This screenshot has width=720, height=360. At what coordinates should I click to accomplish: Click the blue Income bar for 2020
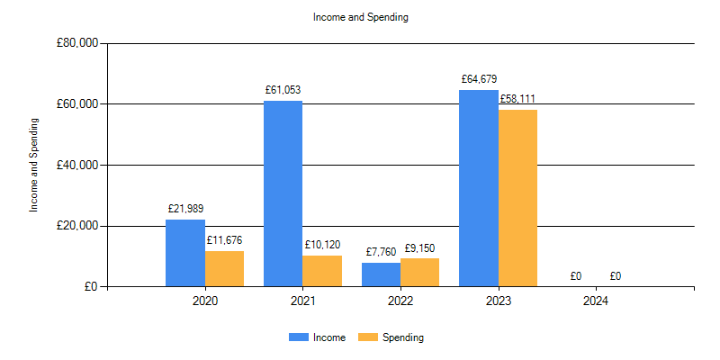tap(184, 253)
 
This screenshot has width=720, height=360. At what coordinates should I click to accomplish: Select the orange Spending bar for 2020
tap(224, 268)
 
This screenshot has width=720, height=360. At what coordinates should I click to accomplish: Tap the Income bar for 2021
tap(283, 193)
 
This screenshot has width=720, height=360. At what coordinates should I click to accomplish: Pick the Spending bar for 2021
tap(322, 271)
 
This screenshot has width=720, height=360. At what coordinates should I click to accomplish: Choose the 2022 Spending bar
tap(419, 273)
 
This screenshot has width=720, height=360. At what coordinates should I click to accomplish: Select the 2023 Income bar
tap(478, 188)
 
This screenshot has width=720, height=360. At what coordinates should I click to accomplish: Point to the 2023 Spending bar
tap(517, 198)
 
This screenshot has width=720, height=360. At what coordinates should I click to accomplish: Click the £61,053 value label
tap(283, 90)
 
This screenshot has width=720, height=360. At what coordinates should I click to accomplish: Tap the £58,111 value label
tap(517, 99)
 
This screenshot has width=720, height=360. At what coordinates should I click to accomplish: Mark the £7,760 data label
tap(382, 252)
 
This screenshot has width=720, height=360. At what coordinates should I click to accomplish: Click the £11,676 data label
tap(224, 240)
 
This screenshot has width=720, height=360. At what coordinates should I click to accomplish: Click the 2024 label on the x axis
tap(596, 301)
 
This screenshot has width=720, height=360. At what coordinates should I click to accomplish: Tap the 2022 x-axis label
tap(400, 301)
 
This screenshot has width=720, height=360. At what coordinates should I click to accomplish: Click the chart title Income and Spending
tap(360, 17)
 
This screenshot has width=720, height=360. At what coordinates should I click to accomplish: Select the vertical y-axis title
tap(34, 165)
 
